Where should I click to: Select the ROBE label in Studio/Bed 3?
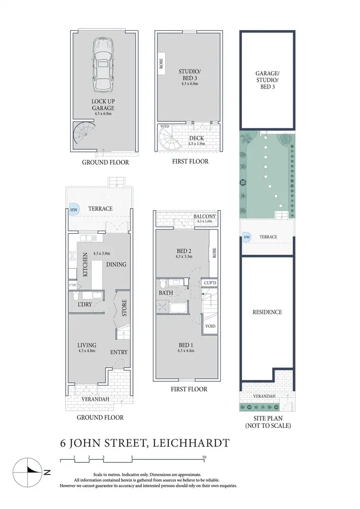[161, 65]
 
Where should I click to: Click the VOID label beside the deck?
[164, 127]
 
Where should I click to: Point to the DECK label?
[196, 138]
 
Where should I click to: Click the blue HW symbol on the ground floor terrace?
[73, 209]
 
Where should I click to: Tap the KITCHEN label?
[85, 265]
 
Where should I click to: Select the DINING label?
[116, 264]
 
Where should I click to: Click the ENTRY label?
[119, 352]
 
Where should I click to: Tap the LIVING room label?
[87, 345]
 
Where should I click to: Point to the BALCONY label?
[205, 216]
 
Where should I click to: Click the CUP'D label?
[210, 283]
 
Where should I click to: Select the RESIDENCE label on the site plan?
[267, 312]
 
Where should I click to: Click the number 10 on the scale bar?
[204, 457]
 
